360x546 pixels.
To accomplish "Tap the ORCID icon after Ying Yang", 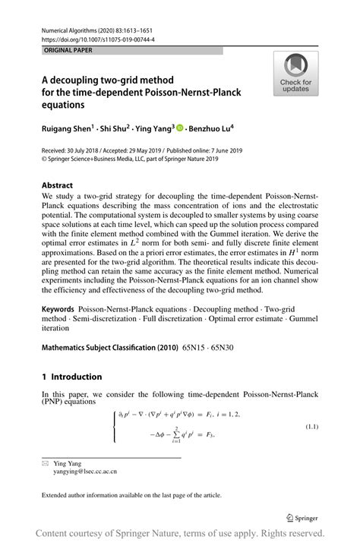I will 180,128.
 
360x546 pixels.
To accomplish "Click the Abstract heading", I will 58,185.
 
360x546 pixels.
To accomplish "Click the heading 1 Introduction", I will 72,377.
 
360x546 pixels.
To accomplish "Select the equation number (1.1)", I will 311,427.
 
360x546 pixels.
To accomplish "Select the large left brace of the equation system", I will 114,425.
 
